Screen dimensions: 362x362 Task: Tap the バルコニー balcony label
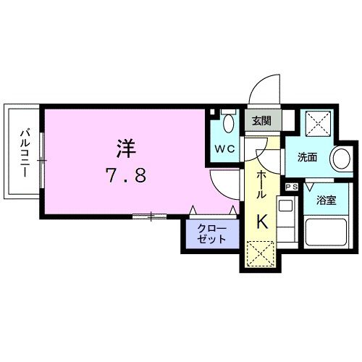coord(24,153)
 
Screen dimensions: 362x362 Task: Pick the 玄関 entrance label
coord(261,121)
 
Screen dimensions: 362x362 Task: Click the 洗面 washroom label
coord(307,157)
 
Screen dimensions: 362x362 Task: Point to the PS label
coord(292,187)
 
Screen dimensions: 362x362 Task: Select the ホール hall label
coord(260,184)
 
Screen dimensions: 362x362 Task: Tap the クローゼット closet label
coord(211,235)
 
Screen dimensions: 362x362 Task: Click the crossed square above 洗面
coord(316,123)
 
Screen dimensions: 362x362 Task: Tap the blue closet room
coord(211,235)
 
